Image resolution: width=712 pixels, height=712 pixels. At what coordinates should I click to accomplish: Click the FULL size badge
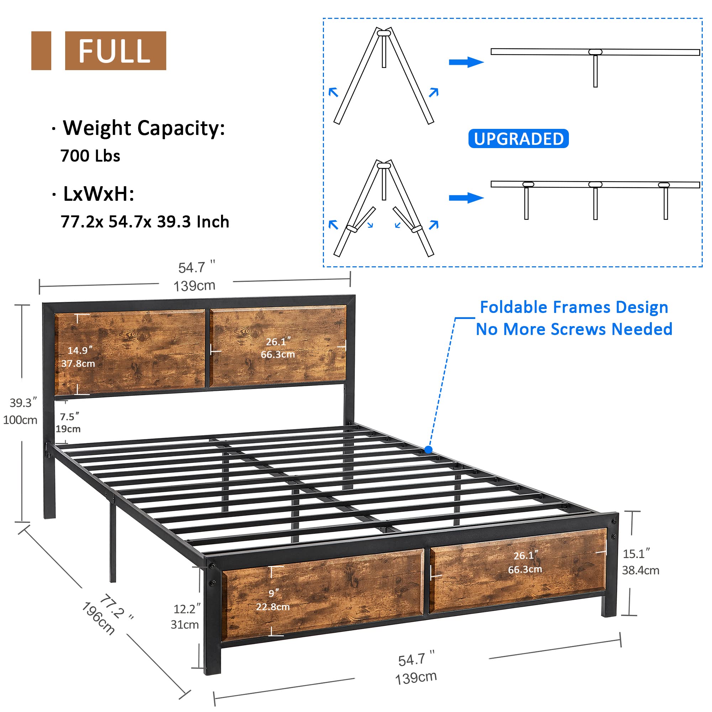pyautogui.click(x=115, y=51)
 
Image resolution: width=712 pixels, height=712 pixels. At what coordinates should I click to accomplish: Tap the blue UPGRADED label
pyautogui.click(x=518, y=139)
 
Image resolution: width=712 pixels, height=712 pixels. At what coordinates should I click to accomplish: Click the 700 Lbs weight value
pyautogui.click(x=90, y=156)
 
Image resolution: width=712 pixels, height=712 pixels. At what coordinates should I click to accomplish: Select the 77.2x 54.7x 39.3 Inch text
pyautogui.click(x=145, y=222)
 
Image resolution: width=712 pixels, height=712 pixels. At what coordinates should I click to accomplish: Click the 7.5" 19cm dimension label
pyautogui.click(x=69, y=423)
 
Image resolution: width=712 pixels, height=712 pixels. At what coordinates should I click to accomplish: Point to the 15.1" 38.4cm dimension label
pyautogui.click(x=640, y=562)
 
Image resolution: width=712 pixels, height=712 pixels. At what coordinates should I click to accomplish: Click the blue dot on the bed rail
pyautogui.click(x=428, y=450)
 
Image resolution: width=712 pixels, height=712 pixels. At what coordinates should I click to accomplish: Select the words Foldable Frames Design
pyautogui.click(x=574, y=307)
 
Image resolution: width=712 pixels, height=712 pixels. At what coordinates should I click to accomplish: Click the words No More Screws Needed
pyautogui.click(x=574, y=329)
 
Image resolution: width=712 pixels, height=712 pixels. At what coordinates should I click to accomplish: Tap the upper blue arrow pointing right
pyautogui.click(x=466, y=62)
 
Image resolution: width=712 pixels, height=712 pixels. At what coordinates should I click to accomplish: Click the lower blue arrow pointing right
pyautogui.click(x=466, y=198)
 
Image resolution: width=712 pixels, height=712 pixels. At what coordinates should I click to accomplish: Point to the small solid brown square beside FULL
pyautogui.click(x=41, y=51)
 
